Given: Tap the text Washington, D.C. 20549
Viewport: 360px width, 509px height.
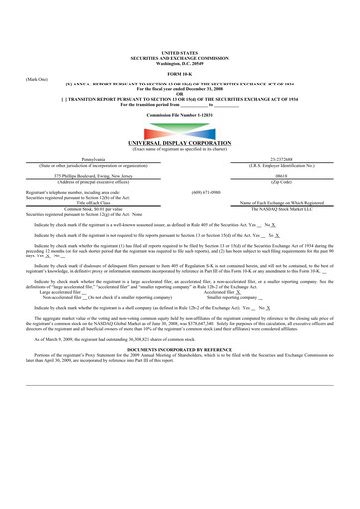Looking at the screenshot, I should click(179, 62).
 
